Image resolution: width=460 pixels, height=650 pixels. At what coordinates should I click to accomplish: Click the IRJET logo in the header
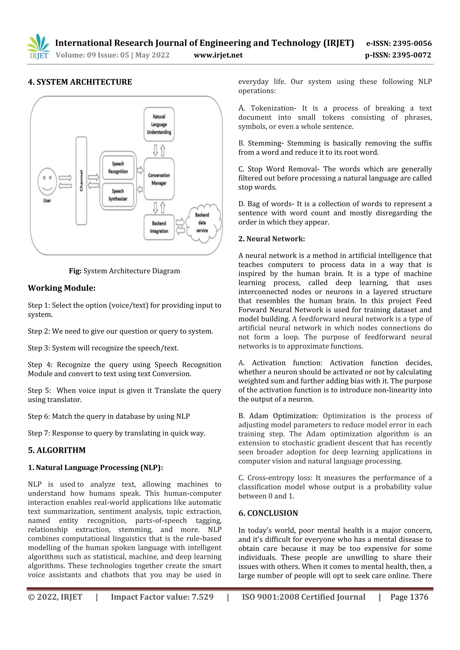(x=39, y=47)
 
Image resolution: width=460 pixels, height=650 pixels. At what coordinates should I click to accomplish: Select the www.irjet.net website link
(x=218, y=55)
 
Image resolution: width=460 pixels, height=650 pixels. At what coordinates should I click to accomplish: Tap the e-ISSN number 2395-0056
(x=399, y=43)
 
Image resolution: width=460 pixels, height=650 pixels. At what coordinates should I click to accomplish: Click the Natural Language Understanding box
(x=159, y=124)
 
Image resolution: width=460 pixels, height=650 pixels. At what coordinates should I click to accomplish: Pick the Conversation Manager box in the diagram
(x=159, y=179)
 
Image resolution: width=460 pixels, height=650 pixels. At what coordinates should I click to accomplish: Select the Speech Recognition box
(x=118, y=168)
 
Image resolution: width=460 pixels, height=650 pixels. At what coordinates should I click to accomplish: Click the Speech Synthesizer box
(x=118, y=195)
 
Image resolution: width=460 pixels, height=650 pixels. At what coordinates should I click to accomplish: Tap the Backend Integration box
(x=159, y=227)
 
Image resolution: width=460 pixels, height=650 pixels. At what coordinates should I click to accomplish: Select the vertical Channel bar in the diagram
(x=81, y=181)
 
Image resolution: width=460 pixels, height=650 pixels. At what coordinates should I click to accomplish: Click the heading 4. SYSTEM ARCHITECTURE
(x=80, y=82)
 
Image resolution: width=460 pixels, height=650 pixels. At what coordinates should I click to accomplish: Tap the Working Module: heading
(x=62, y=288)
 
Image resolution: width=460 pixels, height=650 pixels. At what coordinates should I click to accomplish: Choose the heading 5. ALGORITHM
(x=57, y=450)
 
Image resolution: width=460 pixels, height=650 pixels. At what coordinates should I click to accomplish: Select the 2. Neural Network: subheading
(x=271, y=239)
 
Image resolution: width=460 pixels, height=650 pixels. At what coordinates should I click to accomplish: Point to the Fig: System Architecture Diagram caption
(x=124, y=271)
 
